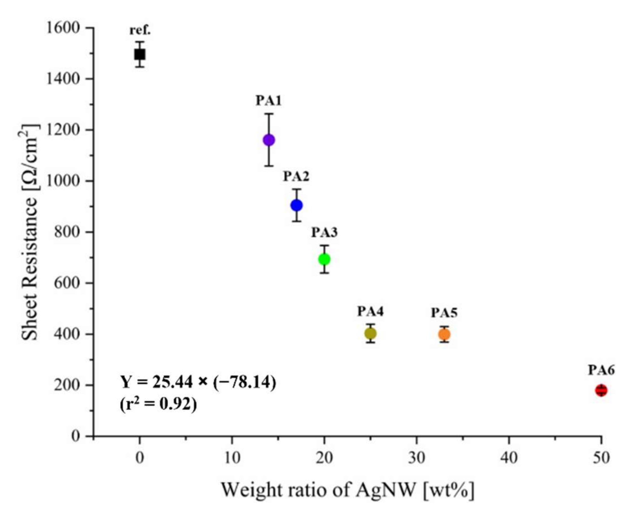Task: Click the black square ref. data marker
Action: click(x=140, y=54)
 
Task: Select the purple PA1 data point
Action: click(x=269, y=140)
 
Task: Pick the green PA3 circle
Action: click(x=324, y=259)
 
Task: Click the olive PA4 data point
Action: click(x=370, y=334)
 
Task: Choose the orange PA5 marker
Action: click(x=444, y=334)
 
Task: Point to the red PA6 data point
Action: click(x=601, y=390)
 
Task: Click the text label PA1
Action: click(x=269, y=101)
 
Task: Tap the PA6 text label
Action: click(x=601, y=370)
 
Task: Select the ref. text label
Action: click(x=140, y=30)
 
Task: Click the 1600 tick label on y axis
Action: click(x=64, y=28)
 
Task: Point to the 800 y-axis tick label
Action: click(x=67, y=232)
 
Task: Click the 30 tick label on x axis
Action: click(x=416, y=458)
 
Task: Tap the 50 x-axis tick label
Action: click(x=601, y=458)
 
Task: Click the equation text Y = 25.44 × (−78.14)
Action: click(x=198, y=382)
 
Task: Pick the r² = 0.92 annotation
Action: click(x=158, y=404)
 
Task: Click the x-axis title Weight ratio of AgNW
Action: click(x=347, y=490)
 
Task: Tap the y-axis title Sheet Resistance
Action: click(x=30, y=232)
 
